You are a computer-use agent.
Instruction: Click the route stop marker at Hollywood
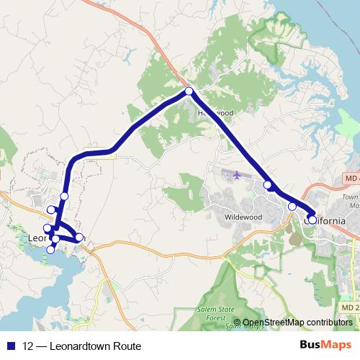pyautogui.click(x=189, y=91)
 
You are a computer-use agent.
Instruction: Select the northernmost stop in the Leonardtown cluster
pyautogui.click(x=64, y=197)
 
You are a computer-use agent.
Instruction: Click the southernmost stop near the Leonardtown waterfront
pyautogui.click(x=50, y=250)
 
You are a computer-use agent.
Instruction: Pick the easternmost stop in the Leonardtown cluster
pyautogui.click(x=79, y=237)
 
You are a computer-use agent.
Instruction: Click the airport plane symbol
pyautogui.click(x=237, y=174)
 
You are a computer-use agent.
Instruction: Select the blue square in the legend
pyautogui.click(x=10, y=346)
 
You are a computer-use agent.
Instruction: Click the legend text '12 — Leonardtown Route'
pyautogui.click(x=81, y=346)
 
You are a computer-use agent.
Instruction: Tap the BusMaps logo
pyautogui.click(x=322, y=346)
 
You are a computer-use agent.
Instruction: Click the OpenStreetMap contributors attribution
pyautogui.click(x=297, y=323)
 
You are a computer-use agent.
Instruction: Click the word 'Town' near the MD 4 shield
pyautogui.click(x=350, y=197)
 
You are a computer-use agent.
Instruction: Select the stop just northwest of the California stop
pyautogui.click(x=292, y=207)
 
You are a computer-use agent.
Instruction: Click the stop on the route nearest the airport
pyautogui.click(x=268, y=185)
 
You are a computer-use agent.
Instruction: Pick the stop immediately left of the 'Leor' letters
pyautogui.click(x=48, y=229)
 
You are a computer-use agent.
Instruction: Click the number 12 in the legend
pyautogui.click(x=28, y=346)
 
